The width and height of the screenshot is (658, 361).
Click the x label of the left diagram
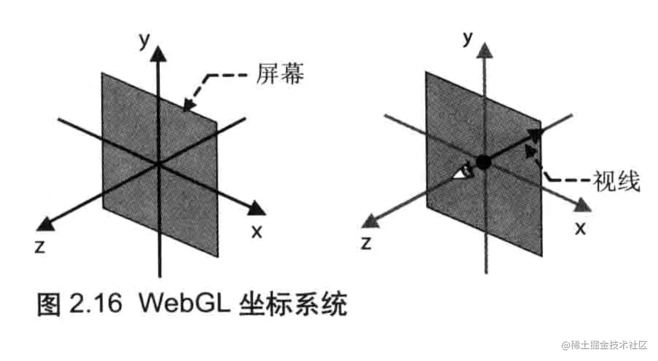[x=257, y=232]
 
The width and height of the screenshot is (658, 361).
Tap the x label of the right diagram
[x=580, y=228]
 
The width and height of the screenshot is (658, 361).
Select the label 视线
[x=617, y=182]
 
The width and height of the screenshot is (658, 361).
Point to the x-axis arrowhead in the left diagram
[x=257, y=208]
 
